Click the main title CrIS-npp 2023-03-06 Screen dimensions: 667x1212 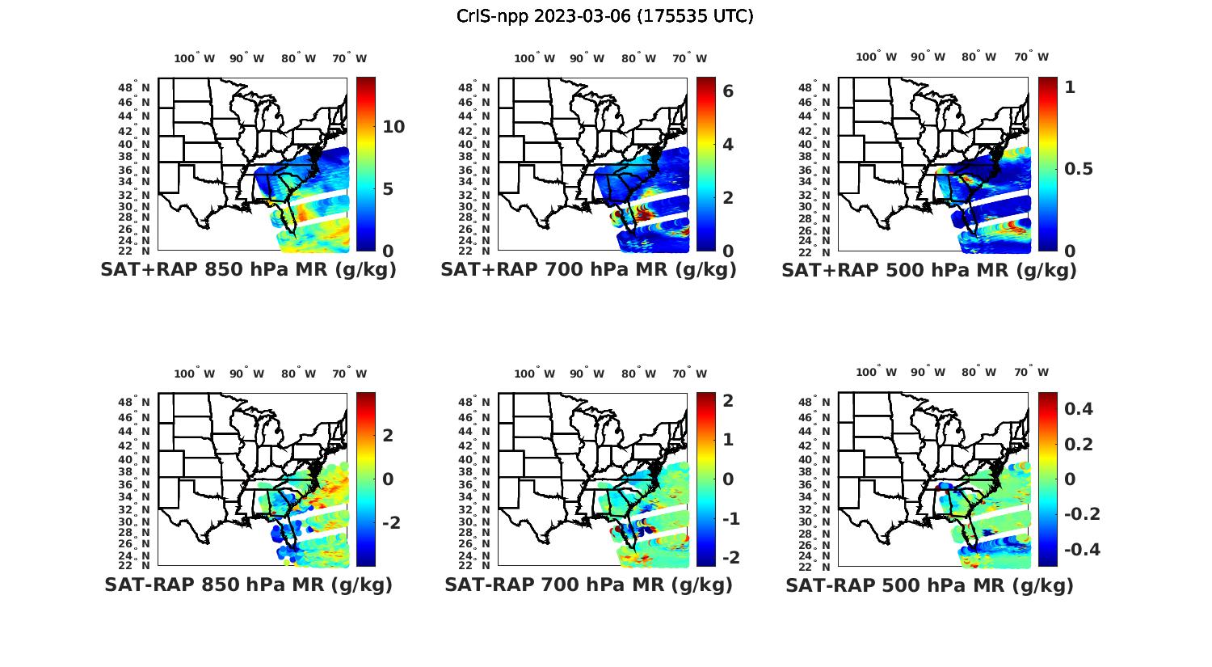pyautogui.click(x=604, y=16)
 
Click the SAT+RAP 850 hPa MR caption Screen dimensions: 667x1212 pyautogui.click(x=248, y=270)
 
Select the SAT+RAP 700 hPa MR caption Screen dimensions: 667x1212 pyautogui.click(x=588, y=270)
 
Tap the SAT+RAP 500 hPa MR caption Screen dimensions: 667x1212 pyautogui.click(x=928, y=270)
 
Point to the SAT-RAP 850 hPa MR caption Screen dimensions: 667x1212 pyautogui.click(x=248, y=585)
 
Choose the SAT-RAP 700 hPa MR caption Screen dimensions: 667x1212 pyautogui.click(x=588, y=585)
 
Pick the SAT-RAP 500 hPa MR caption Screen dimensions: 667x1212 pyautogui.click(x=929, y=585)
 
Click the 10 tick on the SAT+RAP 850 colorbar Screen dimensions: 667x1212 pyautogui.click(x=393, y=127)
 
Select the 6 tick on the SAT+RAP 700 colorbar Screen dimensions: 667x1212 pyautogui.click(x=728, y=91)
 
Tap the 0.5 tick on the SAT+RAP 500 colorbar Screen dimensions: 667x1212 pyautogui.click(x=1079, y=169)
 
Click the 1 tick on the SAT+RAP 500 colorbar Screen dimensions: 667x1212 pyautogui.click(x=1071, y=87)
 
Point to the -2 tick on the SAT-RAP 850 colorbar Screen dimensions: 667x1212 pyautogui.click(x=390, y=523)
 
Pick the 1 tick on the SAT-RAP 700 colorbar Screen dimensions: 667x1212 pyautogui.click(x=728, y=440)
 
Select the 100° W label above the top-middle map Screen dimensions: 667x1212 pyautogui.click(x=534, y=58)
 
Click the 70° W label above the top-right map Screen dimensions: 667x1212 pyautogui.click(x=1031, y=57)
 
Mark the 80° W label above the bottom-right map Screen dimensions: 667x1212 pyautogui.click(x=978, y=373)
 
